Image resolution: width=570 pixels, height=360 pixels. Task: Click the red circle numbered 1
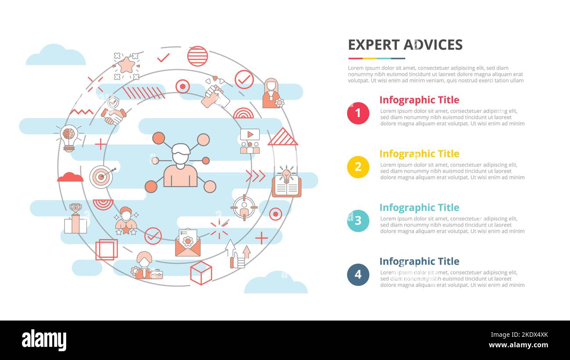click(358, 113)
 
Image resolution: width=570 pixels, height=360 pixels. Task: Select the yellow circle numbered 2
click(358, 167)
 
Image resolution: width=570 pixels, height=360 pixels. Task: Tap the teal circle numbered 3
click(358, 221)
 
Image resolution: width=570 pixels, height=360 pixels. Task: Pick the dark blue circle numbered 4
click(358, 274)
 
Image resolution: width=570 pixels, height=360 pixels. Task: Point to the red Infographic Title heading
click(419, 100)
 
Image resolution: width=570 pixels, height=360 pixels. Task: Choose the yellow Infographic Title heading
click(419, 154)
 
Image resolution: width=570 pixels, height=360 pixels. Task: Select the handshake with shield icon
click(114, 111)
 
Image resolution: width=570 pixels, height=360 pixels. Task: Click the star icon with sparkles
click(126, 66)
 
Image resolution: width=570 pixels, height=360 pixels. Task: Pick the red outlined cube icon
click(201, 273)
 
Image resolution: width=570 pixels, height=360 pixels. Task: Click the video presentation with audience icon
click(250, 141)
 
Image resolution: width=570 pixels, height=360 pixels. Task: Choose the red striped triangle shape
click(282, 137)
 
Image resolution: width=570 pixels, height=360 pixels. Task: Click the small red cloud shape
click(70, 177)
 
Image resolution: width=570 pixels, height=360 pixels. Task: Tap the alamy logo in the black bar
click(44, 340)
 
